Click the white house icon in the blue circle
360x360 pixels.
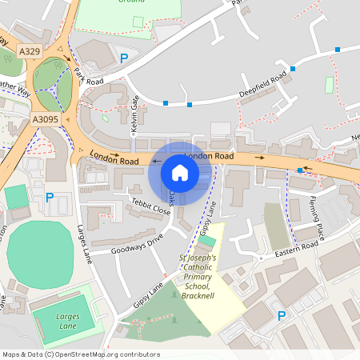coord(180,172)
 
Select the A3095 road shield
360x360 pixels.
coord(46,119)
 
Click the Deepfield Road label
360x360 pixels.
coord(262,86)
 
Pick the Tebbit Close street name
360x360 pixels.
coord(151,206)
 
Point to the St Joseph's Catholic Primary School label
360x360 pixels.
coord(203,274)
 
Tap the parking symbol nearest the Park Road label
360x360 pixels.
coord(124,58)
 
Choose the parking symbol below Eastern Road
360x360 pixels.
coord(281,316)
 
